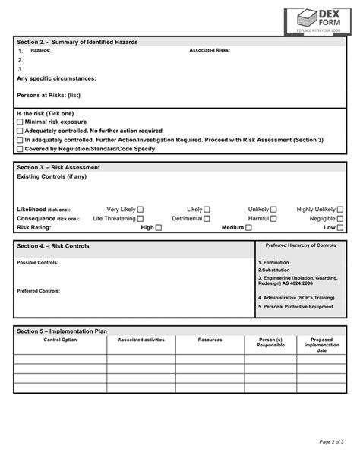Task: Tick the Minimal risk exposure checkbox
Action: (20, 122)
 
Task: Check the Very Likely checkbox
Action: (140, 210)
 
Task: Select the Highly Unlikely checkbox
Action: (340, 210)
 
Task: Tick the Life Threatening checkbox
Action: (140, 219)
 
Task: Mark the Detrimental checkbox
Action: (207, 219)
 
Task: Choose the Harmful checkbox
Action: (273, 219)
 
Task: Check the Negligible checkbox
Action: (340, 219)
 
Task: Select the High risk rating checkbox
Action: (159, 228)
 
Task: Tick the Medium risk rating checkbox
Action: (248, 228)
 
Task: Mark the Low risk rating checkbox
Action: (340, 228)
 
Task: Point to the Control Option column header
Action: (60, 340)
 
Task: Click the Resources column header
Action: (210, 340)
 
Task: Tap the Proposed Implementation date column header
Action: (321, 344)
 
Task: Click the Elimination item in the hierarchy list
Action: (274, 262)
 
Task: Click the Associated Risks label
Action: (209, 49)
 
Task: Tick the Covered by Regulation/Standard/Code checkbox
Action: (20, 149)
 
